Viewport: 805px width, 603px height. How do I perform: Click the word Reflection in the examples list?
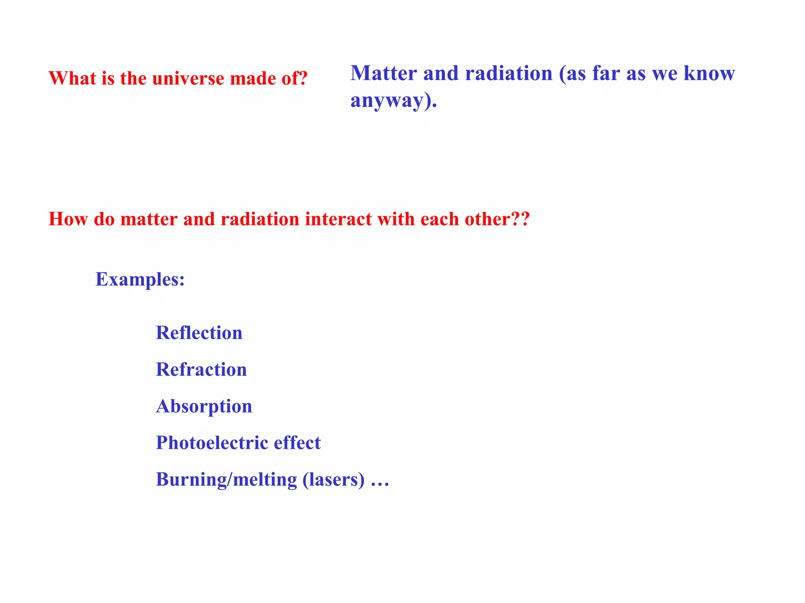point(199,333)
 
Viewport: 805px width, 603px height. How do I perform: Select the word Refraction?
point(201,369)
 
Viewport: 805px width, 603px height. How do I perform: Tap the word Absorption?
point(204,406)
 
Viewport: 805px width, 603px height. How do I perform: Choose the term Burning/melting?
point(226,480)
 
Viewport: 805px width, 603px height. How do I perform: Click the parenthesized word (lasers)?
point(333,480)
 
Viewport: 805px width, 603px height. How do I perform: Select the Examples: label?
point(140,280)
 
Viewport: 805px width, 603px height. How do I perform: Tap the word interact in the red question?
point(338,219)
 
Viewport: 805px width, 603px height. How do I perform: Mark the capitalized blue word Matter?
point(384,73)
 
